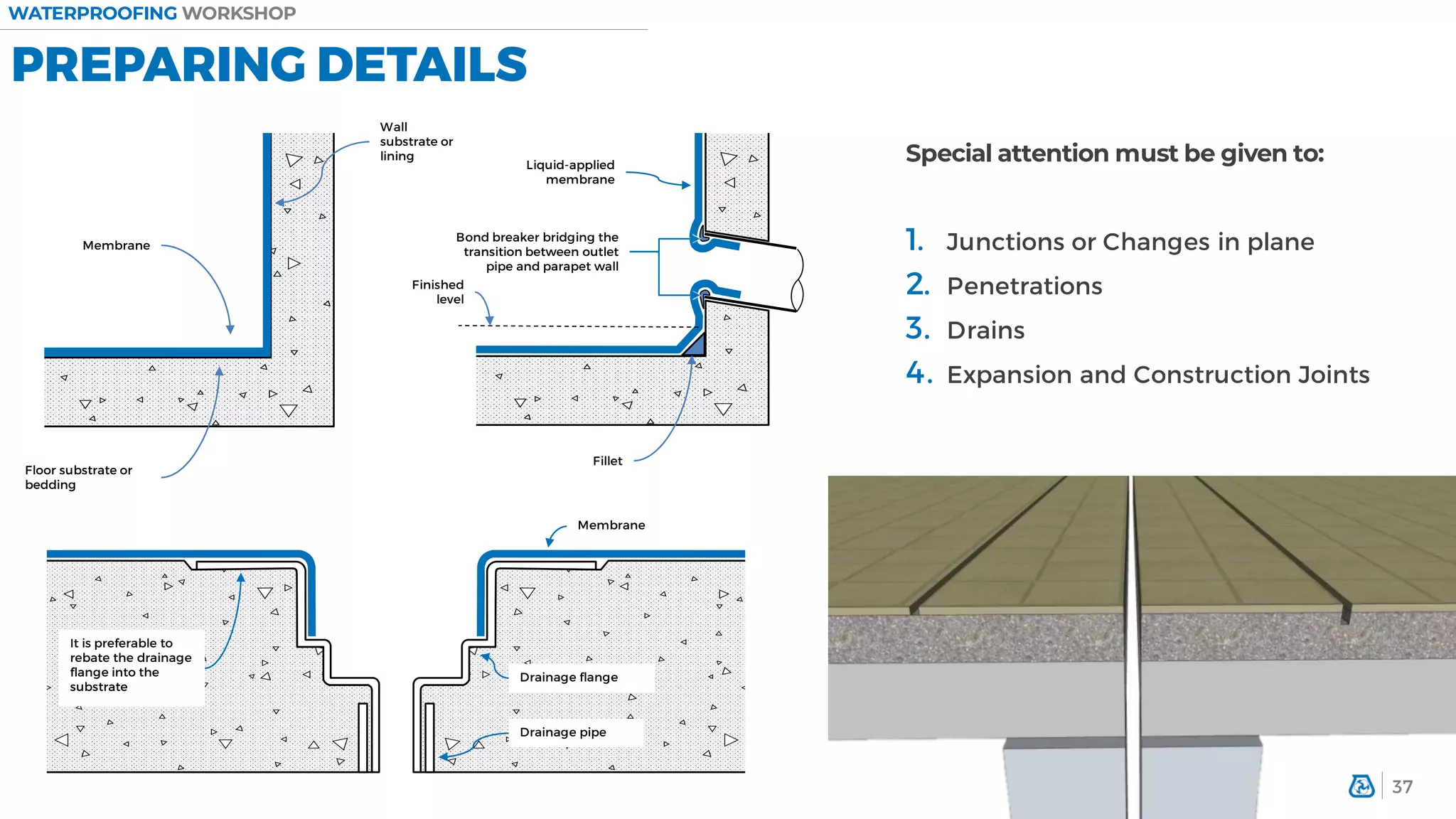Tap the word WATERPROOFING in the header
pos(92,14)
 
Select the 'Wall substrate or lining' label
pos(416,141)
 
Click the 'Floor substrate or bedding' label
pos(78,477)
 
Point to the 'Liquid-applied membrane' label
pos(570,172)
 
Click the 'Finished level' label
pos(438,291)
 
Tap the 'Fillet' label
pos(607,461)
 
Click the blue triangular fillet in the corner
pos(695,346)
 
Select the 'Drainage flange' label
pos(569,678)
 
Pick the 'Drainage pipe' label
pos(562,732)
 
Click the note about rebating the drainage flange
pos(130,665)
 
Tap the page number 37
pos(1402,787)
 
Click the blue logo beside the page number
pos(1361,786)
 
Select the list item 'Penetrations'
pos(1024,286)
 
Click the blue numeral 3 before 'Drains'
pos(917,328)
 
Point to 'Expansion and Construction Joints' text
pos(1157,375)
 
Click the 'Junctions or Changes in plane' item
pos(1130,242)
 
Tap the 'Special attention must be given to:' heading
pos(1114,154)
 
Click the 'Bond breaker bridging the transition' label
pos(537,252)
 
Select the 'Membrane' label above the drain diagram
pos(611,525)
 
